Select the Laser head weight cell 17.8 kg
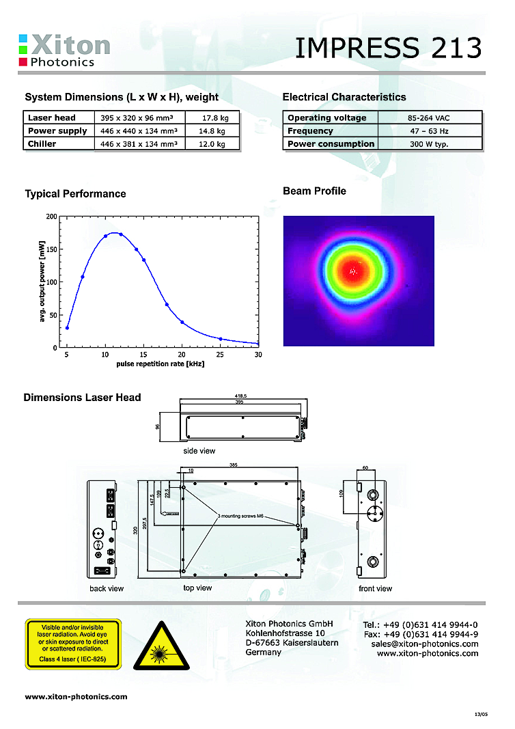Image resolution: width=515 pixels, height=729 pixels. point(215,118)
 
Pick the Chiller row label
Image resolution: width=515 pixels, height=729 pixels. point(42,143)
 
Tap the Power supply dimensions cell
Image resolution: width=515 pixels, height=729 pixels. point(139,130)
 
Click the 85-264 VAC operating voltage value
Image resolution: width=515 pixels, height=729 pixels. point(428,118)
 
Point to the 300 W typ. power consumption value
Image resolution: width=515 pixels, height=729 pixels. point(428,143)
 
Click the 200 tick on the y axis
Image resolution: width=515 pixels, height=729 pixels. point(52,217)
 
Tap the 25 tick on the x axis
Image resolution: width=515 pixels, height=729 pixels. point(221,355)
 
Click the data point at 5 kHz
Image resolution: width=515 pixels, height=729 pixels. point(67,328)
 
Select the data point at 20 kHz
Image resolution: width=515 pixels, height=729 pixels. point(182,322)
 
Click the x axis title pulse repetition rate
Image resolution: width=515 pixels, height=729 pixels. point(161,363)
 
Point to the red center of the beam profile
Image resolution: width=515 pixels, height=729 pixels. point(352,270)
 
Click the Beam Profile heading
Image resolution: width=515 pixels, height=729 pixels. point(314,191)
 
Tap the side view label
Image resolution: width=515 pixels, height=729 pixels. point(199,451)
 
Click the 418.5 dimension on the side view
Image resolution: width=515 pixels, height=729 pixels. point(242,395)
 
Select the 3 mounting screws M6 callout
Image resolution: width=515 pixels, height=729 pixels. point(240,517)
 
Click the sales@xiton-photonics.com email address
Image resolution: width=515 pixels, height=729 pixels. point(425,644)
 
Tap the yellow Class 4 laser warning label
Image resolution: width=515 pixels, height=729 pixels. point(72,644)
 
